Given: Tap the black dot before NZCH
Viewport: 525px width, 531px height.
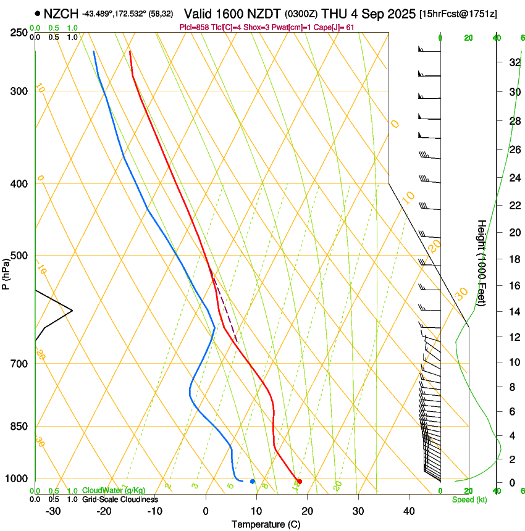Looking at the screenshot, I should pos(38,13).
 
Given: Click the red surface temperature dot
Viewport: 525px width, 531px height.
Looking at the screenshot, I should pos(300,481).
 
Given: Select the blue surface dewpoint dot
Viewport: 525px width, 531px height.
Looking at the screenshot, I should pos(253,481).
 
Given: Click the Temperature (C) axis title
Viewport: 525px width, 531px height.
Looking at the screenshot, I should pos(266,524).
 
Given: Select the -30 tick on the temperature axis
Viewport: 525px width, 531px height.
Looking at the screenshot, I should pos(52,511).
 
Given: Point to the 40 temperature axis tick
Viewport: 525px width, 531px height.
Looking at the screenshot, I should pos(408,511).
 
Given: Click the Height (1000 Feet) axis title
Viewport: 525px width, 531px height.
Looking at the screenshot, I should pos(482,263).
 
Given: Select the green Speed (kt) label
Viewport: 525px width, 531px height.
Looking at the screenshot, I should pos(468,500).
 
